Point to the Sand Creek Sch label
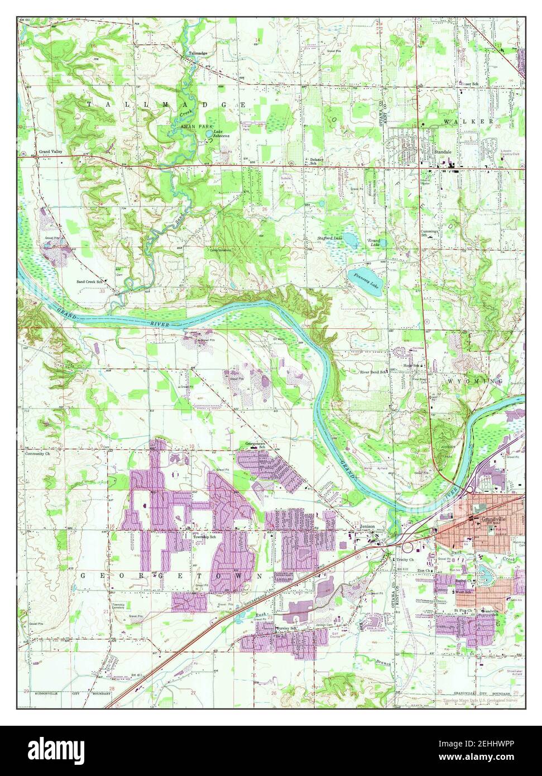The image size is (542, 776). (x=91, y=281)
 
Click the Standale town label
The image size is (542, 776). (x=443, y=151)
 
